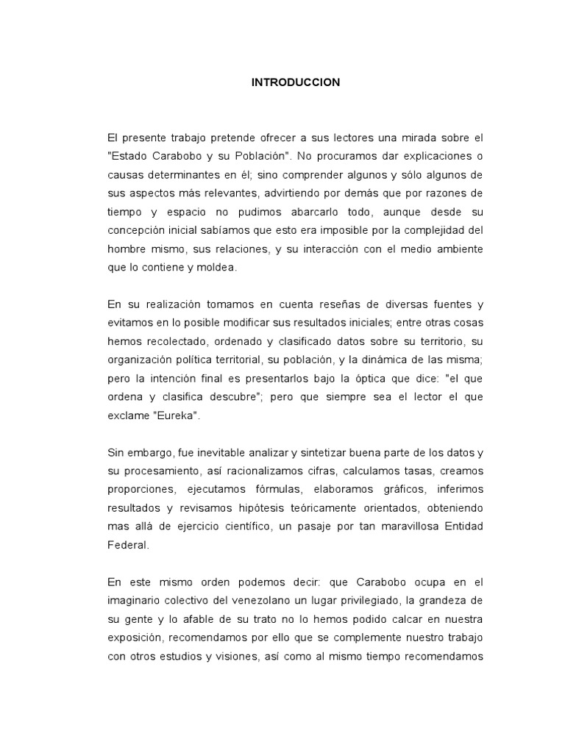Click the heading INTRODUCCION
coord(296,82)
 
